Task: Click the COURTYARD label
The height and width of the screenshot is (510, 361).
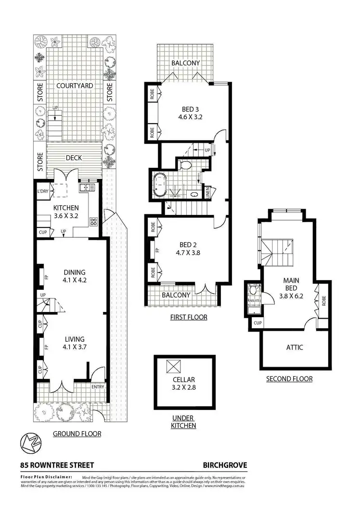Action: click(x=74, y=86)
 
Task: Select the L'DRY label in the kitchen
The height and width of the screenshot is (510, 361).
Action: click(x=43, y=192)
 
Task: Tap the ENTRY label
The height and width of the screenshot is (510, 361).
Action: click(x=98, y=386)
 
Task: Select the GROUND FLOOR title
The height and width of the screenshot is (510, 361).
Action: click(x=77, y=434)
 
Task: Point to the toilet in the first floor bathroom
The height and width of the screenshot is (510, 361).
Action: click(x=184, y=166)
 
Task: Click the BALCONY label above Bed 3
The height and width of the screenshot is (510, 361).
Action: click(x=185, y=63)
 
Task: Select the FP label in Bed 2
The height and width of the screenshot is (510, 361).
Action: click(x=157, y=250)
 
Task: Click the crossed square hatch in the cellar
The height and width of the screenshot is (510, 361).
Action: click(x=173, y=367)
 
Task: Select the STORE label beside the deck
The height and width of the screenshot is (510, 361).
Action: click(x=40, y=162)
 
